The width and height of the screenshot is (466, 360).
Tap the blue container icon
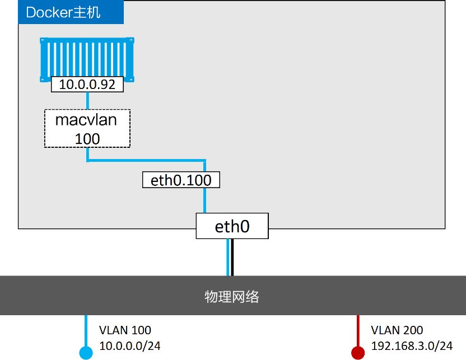(x=87, y=58)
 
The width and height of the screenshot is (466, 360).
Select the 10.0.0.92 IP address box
(x=87, y=85)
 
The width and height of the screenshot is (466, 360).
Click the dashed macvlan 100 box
(x=87, y=128)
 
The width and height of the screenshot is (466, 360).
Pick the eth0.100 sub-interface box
(x=181, y=180)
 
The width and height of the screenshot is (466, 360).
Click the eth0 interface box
(x=232, y=226)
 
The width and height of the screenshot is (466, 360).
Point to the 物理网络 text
(x=232, y=296)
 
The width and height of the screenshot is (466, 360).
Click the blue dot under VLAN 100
(x=86, y=352)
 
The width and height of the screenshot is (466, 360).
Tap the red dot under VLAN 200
(x=357, y=352)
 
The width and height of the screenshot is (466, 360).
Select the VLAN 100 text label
(x=125, y=330)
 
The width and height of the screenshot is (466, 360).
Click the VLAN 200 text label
(x=397, y=330)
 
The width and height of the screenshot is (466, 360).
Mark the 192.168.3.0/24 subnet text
(x=411, y=347)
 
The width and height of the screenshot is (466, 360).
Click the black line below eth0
(x=231, y=258)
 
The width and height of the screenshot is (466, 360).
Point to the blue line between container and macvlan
(x=87, y=100)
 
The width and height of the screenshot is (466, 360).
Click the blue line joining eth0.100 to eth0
(x=205, y=200)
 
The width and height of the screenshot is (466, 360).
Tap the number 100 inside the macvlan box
(x=87, y=138)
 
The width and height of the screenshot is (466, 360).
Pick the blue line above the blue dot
(x=86, y=330)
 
